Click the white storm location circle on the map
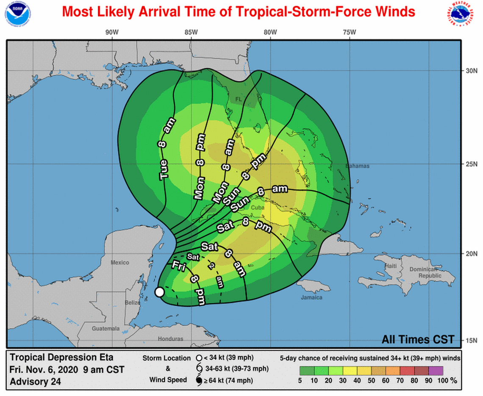159,292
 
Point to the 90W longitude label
112,32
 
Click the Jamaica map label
311,298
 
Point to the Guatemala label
106,329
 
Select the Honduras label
170,339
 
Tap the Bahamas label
357,166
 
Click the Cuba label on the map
258,208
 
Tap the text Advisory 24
35,381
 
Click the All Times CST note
418,339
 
